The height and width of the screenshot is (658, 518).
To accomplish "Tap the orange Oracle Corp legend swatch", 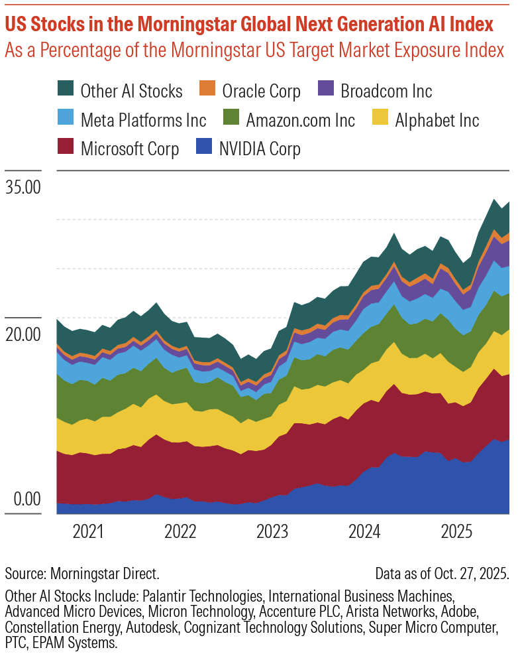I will click(207, 90).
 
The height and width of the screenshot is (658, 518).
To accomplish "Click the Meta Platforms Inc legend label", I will click(143, 120).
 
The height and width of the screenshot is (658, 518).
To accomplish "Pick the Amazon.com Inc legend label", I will click(300, 120).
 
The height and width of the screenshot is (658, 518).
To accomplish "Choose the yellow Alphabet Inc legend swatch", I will click(380, 120).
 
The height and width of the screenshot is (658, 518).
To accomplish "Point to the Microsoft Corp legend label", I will click(129, 149).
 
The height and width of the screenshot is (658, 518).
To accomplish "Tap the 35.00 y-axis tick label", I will click(23, 187).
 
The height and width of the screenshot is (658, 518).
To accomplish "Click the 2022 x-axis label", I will click(180, 531).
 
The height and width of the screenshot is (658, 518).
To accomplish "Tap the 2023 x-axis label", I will click(272, 531).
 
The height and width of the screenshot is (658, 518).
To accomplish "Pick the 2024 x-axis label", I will click(364, 531).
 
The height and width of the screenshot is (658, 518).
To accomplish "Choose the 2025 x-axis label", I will click(456, 531).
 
